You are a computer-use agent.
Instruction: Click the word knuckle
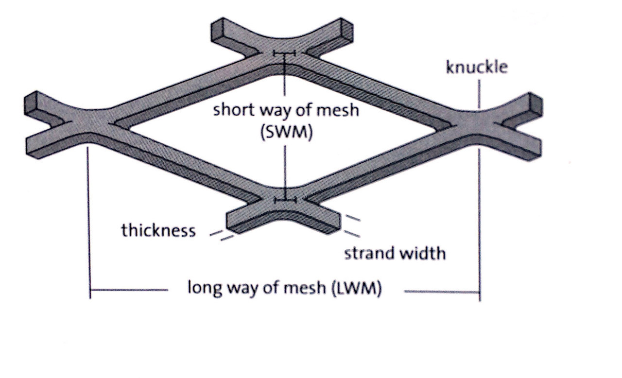tap(477, 67)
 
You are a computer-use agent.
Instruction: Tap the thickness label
tap(158, 230)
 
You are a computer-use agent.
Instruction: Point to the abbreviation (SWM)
tap(287, 132)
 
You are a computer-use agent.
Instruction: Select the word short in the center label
tap(234, 110)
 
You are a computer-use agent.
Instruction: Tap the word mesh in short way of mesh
tap(338, 110)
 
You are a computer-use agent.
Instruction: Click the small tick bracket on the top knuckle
tap(284, 53)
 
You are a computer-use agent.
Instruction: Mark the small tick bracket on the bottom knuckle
tap(285, 200)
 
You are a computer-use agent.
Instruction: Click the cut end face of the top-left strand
tap(217, 31)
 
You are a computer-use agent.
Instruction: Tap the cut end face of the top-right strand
tap(347, 31)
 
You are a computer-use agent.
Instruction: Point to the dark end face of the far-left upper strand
tap(31, 103)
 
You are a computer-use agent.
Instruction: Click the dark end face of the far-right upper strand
tap(536, 104)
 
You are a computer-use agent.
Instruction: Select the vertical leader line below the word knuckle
tap(479, 94)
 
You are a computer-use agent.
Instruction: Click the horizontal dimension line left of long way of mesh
tap(129, 290)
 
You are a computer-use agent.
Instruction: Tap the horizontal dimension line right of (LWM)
tap(442, 292)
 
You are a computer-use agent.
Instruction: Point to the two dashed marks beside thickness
tap(222, 235)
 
